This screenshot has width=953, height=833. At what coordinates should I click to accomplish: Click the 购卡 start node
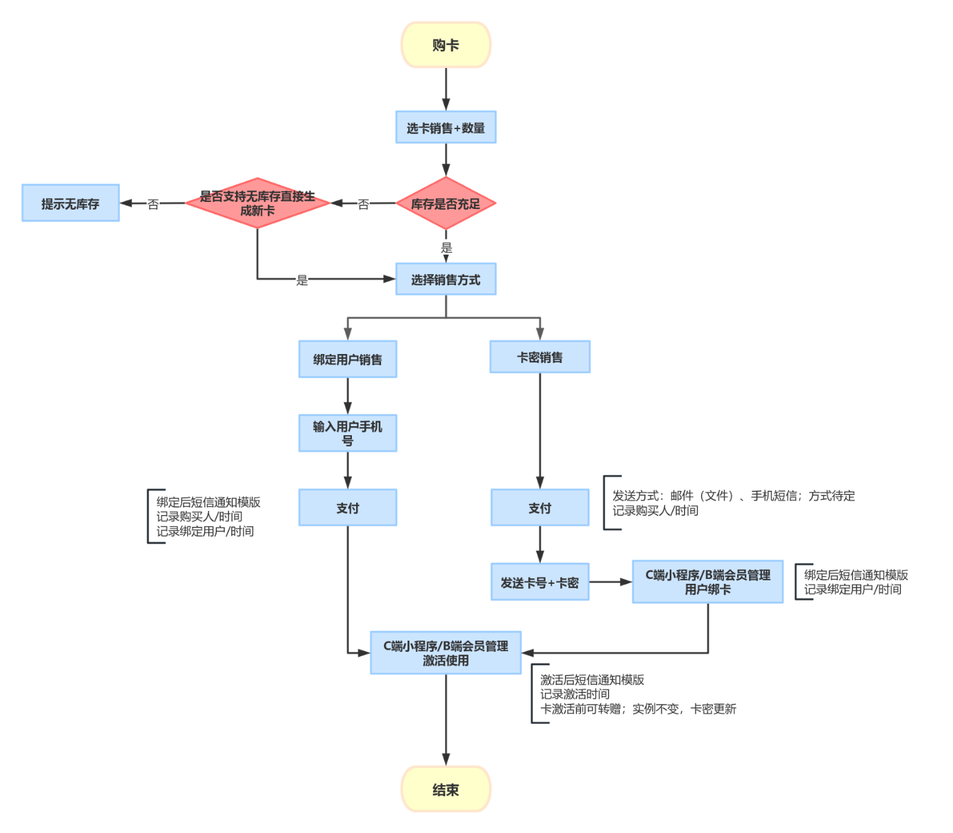(x=446, y=45)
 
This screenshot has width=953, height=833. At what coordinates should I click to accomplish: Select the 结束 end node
(x=446, y=789)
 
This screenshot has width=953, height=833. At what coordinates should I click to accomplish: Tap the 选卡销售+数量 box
(x=446, y=128)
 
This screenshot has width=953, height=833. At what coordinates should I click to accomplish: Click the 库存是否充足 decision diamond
(x=446, y=203)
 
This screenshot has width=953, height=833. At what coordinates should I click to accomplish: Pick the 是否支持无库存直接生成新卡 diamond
(x=258, y=203)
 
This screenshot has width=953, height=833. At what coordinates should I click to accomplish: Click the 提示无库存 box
(x=70, y=203)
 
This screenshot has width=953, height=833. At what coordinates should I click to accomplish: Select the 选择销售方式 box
(x=446, y=279)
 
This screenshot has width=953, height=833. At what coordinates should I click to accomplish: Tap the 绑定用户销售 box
(x=347, y=359)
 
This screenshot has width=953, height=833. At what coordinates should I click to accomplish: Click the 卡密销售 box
(x=539, y=357)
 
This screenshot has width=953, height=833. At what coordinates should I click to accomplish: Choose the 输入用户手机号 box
(x=347, y=433)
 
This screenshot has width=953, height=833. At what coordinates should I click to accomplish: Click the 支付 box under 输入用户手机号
(x=347, y=507)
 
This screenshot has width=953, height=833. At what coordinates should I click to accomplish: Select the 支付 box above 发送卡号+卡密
(x=539, y=507)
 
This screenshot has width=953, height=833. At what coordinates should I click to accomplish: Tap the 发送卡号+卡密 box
(x=539, y=582)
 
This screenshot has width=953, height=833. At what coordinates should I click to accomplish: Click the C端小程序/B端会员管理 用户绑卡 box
(x=707, y=582)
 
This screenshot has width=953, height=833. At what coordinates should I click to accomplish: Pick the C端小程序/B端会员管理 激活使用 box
(x=446, y=653)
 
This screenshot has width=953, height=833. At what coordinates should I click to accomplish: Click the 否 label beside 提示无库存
(x=153, y=204)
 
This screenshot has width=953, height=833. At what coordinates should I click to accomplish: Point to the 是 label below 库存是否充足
(x=446, y=246)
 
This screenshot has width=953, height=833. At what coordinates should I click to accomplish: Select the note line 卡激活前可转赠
(x=638, y=709)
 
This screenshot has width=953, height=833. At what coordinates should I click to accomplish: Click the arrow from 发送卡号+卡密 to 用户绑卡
(x=610, y=582)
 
